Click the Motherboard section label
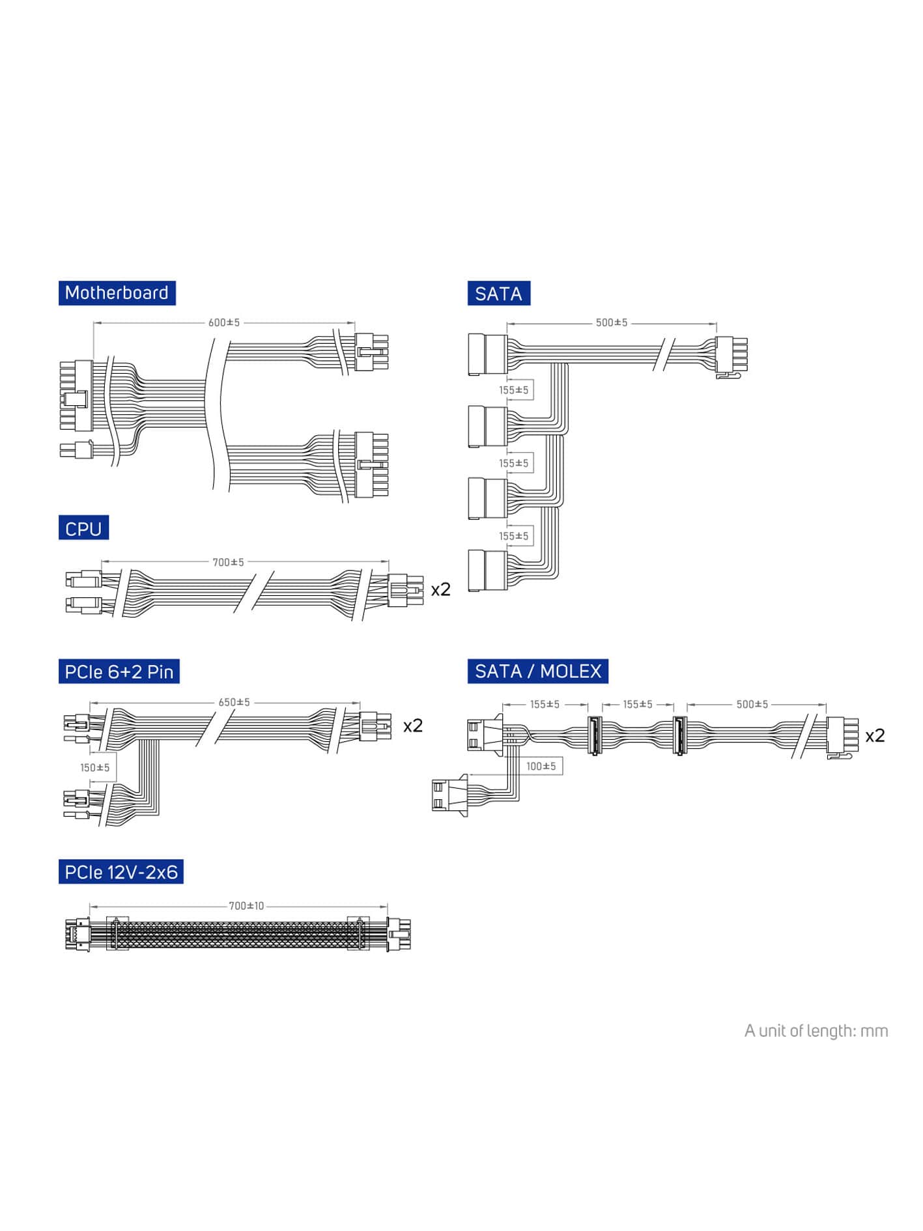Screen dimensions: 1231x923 tap(117, 293)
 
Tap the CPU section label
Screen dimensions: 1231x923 tap(83, 528)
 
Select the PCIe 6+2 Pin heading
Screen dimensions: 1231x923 tap(119, 672)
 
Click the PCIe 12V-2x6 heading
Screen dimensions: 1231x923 tap(121, 872)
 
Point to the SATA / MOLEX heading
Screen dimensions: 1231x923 tap(537, 672)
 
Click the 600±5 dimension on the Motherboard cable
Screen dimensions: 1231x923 tap(224, 322)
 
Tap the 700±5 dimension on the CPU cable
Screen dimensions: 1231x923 tap(228, 562)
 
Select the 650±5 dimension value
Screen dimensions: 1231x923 tap(234, 702)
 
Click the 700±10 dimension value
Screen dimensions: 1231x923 tap(246, 906)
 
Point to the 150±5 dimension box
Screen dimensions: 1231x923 tap(95, 768)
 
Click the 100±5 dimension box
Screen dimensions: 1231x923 tap(541, 766)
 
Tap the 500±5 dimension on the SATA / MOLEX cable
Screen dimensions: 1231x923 tap(752, 704)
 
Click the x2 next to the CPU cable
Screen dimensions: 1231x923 tap(441, 589)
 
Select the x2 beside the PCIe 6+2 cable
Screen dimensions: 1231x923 tap(413, 726)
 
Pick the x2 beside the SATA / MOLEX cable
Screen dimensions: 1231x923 tap(875, 735)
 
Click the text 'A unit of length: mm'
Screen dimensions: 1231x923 tap(816, 1031)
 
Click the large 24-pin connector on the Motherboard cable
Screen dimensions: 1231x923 tap(77, 396)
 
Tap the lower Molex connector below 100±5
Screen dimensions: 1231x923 tap(450, 795)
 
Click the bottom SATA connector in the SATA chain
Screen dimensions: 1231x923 tap(487, 571)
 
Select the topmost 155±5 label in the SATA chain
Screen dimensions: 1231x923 tap(514, 390)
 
